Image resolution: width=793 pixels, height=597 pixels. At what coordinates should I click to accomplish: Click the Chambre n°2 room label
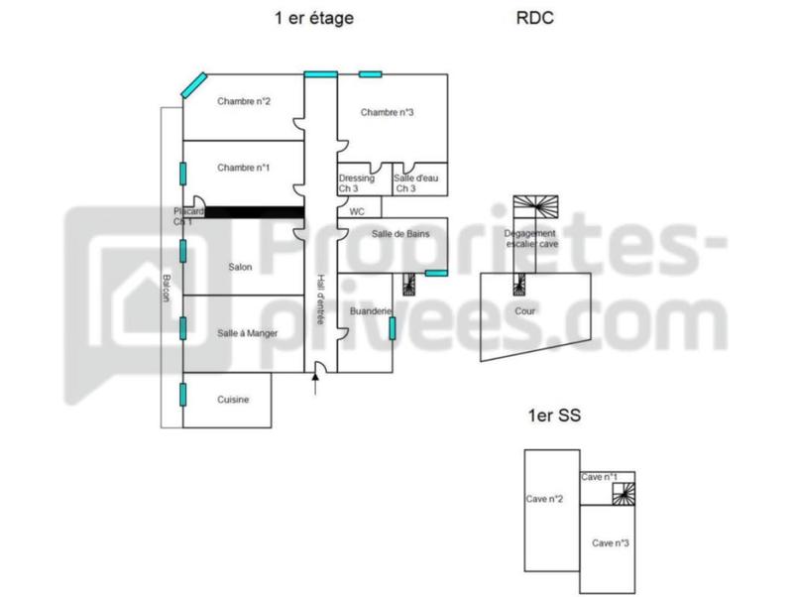[245, 100]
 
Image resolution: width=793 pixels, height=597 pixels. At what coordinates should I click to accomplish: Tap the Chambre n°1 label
[244, 168]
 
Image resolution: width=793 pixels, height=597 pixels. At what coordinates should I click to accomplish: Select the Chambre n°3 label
[387, 112]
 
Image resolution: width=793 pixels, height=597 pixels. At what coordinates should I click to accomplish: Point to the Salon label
[240, 268]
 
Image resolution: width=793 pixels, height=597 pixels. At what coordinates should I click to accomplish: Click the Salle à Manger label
[247, 333]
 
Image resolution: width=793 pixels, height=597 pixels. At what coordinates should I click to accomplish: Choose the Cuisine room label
[232, 400]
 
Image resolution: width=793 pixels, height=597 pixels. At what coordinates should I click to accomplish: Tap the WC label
[358, 211]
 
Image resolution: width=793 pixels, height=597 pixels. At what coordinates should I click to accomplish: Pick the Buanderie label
[372, 311]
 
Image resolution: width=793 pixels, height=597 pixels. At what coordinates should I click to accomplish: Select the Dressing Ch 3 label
[356, 183]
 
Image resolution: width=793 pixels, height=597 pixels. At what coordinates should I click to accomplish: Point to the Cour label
[525, 311]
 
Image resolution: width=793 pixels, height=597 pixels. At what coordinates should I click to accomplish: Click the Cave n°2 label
[545, 499]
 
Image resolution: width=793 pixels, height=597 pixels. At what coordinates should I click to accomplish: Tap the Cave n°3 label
[610, 542]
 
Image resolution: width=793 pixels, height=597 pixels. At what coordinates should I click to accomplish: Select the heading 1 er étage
[314, 18]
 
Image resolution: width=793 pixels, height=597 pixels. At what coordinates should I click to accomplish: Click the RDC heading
[534, 18]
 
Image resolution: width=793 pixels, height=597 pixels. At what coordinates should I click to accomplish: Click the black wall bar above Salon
[254, 211]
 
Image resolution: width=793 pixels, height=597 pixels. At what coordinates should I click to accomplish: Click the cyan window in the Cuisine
[182, 394]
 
